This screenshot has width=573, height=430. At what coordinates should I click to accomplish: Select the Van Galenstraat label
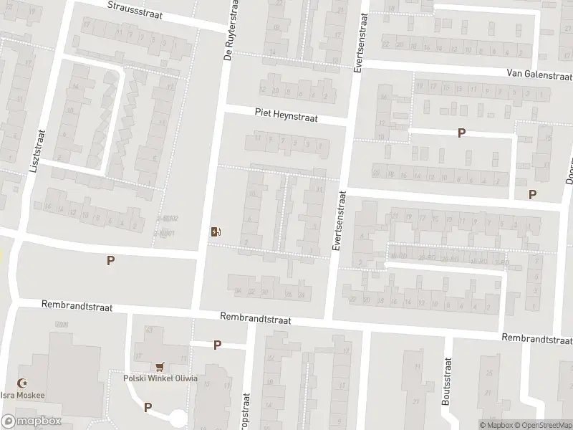pos(538,73)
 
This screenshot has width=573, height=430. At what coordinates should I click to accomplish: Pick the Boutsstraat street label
pos(446,391)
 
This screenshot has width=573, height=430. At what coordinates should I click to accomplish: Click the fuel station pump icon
pos(216,231)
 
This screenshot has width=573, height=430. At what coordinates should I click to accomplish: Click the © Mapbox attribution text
pos(495,425)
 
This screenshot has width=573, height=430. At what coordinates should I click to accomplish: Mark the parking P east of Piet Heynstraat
pos(462,133)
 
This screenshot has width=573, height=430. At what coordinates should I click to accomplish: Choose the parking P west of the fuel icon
pos(110,261)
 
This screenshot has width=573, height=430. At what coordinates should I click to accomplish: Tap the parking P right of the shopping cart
pos(217,345)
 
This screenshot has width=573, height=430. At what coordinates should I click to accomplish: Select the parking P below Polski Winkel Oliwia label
pos(148,407)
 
